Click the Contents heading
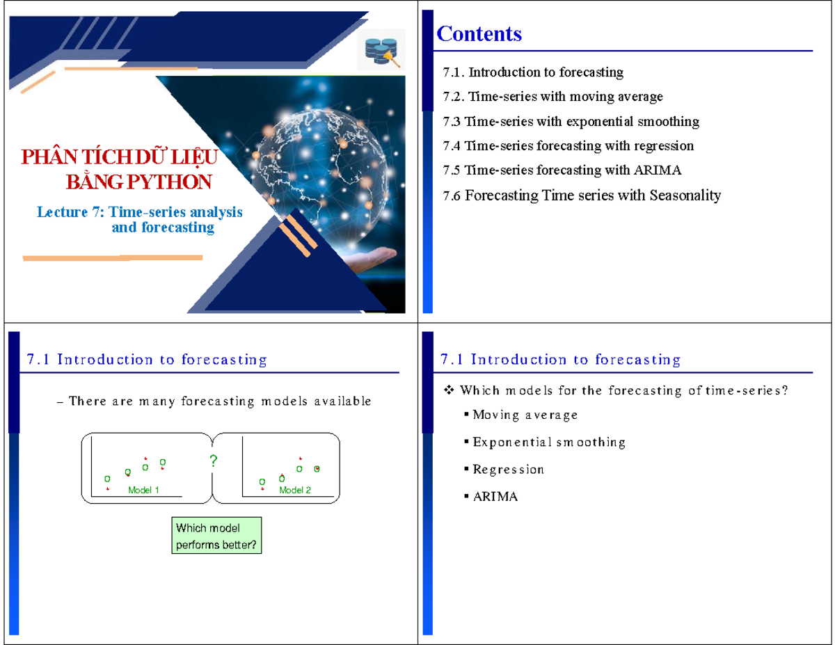479,33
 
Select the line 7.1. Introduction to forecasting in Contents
533,72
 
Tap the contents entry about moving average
552,97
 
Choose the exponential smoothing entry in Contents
571,122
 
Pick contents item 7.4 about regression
568,146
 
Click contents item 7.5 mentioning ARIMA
562,170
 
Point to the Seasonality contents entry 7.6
582,196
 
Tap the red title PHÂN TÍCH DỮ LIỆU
120,158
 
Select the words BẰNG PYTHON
138,182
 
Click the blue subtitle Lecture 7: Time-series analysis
140,212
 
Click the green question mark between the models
213,461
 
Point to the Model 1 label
144,491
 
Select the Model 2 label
295,491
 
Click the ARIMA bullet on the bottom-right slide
495,497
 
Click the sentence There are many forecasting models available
220,401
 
